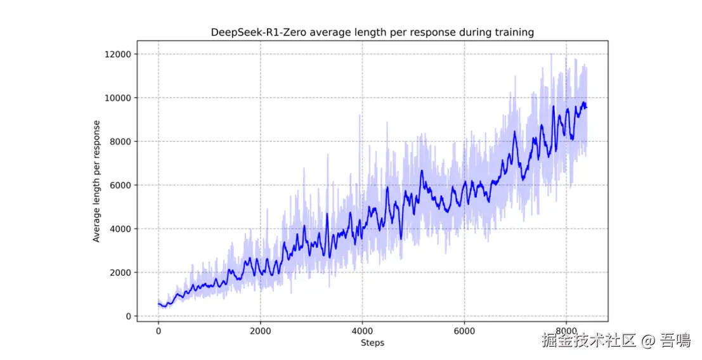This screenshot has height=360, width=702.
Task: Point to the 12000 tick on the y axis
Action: (x=117, y=55)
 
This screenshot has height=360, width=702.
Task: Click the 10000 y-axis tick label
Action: (x=117, y=98)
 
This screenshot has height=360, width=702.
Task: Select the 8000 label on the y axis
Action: (x=120, y=142)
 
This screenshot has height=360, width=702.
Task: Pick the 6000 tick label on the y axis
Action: (x=120, y=186)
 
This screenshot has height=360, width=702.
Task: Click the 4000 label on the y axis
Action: (x=120, y=229)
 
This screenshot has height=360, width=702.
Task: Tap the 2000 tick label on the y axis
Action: (x=120, y=273)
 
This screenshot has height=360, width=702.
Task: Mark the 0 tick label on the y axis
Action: (x=128, y=317)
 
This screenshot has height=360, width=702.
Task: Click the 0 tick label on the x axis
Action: (x=158, y=331)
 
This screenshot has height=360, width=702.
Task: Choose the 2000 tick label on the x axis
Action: (x=260, y=331)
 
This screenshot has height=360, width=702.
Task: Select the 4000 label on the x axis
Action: (x=362, y=331)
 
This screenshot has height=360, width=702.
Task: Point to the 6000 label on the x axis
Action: (x=464, y=331)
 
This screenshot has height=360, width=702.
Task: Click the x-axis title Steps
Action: (x=372, y=343)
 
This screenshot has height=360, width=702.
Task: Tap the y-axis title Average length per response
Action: (x=97, y=181)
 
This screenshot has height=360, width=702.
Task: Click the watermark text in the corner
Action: (x=615, y=341)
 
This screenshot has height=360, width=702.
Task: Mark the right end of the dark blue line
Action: (x=587, y=107)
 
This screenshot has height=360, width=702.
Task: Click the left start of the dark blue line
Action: (x=158, y=304)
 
